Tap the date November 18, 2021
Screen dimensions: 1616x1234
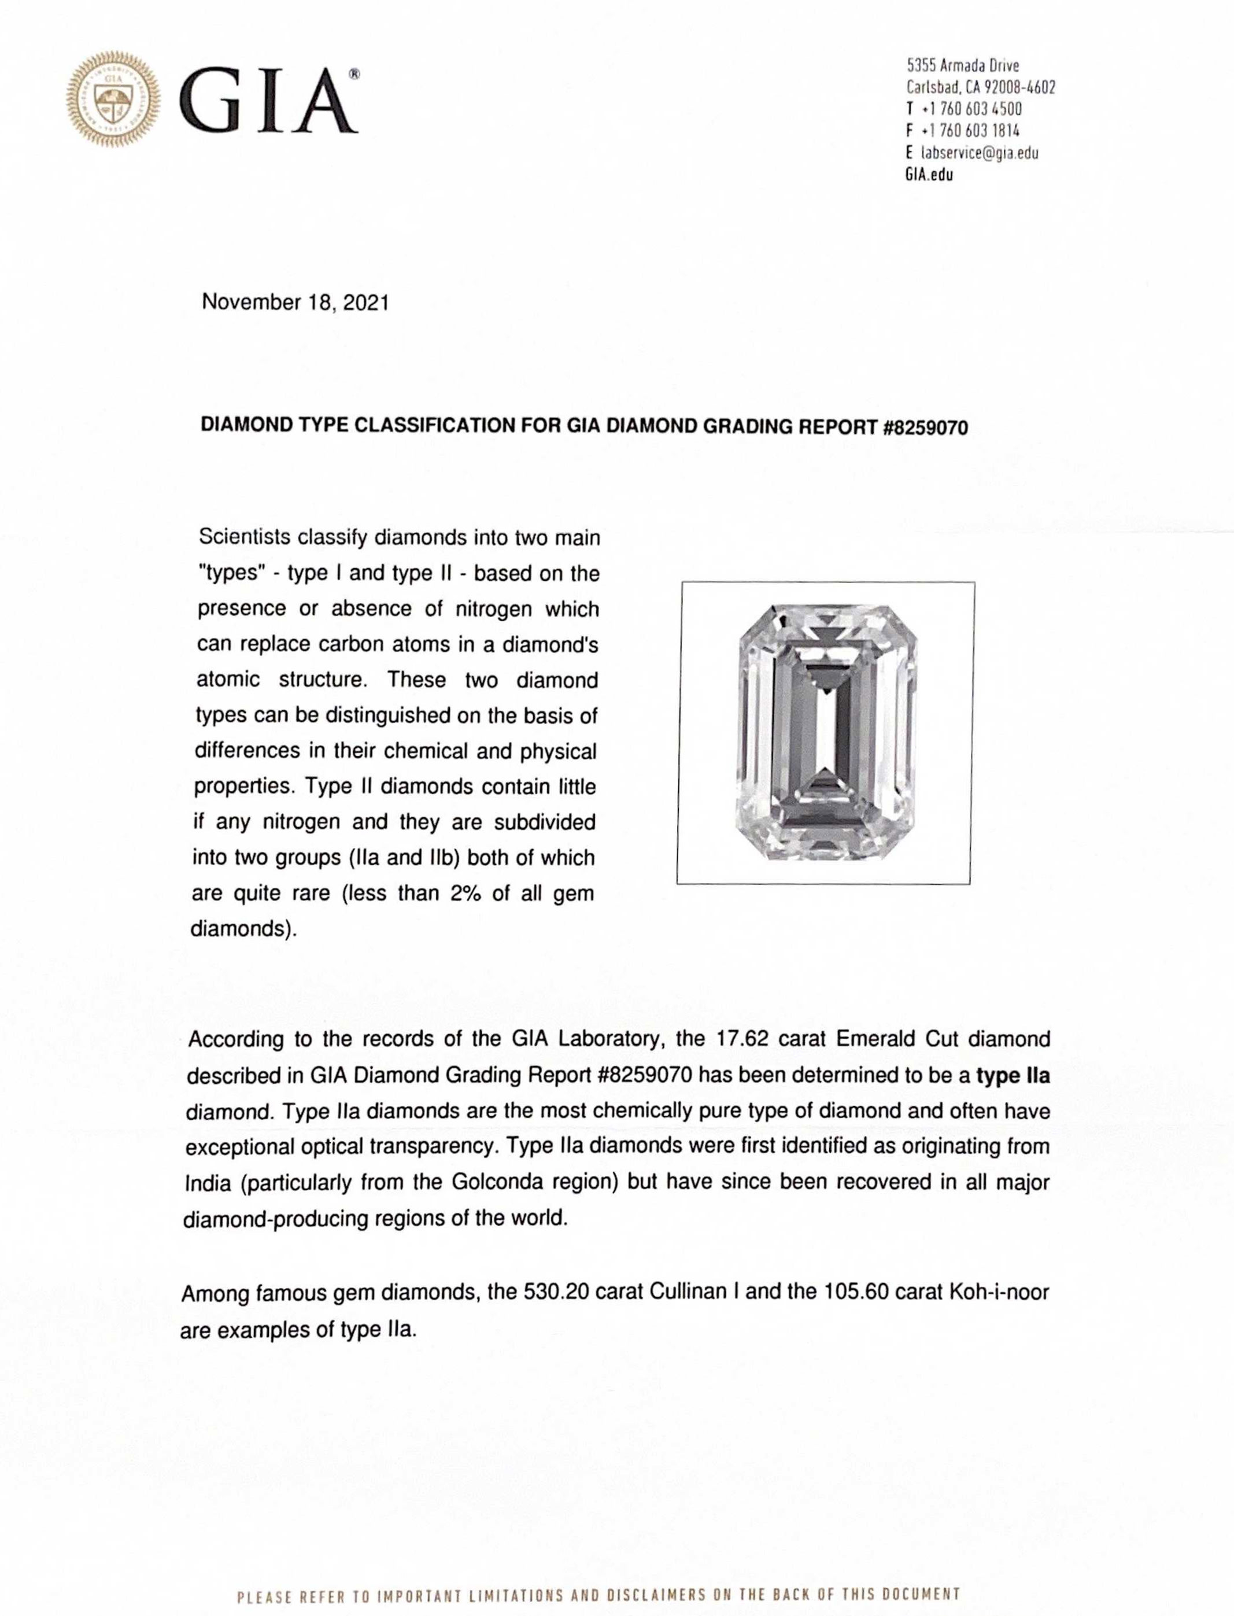pos(295,302)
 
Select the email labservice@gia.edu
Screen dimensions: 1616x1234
pos(979,153)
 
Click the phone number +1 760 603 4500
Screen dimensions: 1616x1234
pos(971,109)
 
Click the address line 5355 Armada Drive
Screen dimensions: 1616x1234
pos(963,65)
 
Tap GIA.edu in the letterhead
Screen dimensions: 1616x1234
pos(929,175)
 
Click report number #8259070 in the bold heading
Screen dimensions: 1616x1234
pos(925,427)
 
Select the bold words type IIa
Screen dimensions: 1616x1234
pos(1013,1075)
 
